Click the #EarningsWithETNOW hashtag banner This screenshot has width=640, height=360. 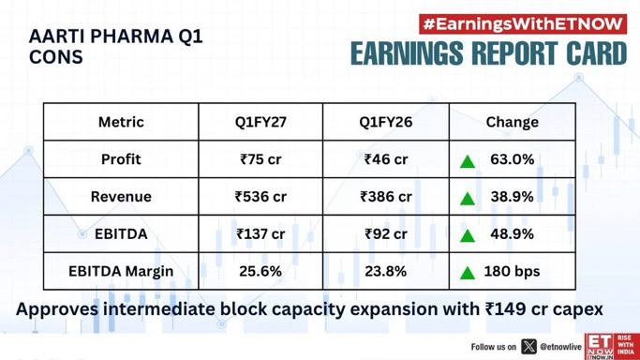(523, 24)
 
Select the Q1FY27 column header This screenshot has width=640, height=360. (260, 122)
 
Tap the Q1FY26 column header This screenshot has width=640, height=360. (386, 122)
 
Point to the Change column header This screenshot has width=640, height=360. (513, 122)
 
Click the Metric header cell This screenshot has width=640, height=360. (121, 122)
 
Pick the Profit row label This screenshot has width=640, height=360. (121, 159)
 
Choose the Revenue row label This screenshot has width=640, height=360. (121, 197)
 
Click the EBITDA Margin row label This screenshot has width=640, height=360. (121, 272)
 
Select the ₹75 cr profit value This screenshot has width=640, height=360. (260, 159)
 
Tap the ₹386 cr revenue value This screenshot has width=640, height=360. (386, 197)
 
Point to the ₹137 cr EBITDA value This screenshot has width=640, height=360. (260, 234)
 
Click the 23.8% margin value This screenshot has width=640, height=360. (386, 272)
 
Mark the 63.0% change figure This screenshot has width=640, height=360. (513, 159)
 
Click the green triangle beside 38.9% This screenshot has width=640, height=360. (468, 199)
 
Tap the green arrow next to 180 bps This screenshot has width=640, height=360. (468, 274)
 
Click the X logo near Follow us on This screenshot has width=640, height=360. (529, 347)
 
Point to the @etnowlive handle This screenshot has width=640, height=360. (560, 347)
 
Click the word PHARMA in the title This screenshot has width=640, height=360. (131, 37)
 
